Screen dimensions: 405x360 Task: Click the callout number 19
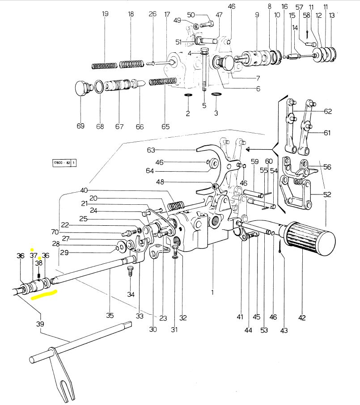(105, 14)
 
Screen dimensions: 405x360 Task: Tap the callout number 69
(80, 126)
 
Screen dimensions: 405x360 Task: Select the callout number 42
(302, 318)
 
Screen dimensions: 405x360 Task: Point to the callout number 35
(110, 316)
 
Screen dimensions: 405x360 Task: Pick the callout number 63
(150, 150)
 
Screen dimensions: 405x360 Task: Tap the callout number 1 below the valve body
(212, 293)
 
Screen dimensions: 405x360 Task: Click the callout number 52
(327, 194)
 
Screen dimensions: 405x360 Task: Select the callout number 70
(55, 232)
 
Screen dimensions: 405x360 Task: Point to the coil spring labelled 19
(104, 66)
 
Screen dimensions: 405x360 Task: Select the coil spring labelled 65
(163, 81)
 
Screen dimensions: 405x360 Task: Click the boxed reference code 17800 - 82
(64, 163)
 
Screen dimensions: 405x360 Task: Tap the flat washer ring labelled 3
(216, 94)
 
